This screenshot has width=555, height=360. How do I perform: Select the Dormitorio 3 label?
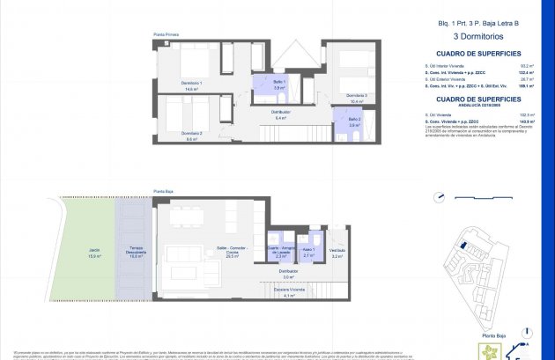[356, 95]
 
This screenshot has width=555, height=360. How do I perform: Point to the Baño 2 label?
[354, 119]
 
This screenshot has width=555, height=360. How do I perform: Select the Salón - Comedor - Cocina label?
[233, 252]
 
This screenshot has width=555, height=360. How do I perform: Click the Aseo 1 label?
[308, 252]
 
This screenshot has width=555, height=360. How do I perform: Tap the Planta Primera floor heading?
[166, 33]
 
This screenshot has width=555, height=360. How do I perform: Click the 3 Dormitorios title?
[477, 38]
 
